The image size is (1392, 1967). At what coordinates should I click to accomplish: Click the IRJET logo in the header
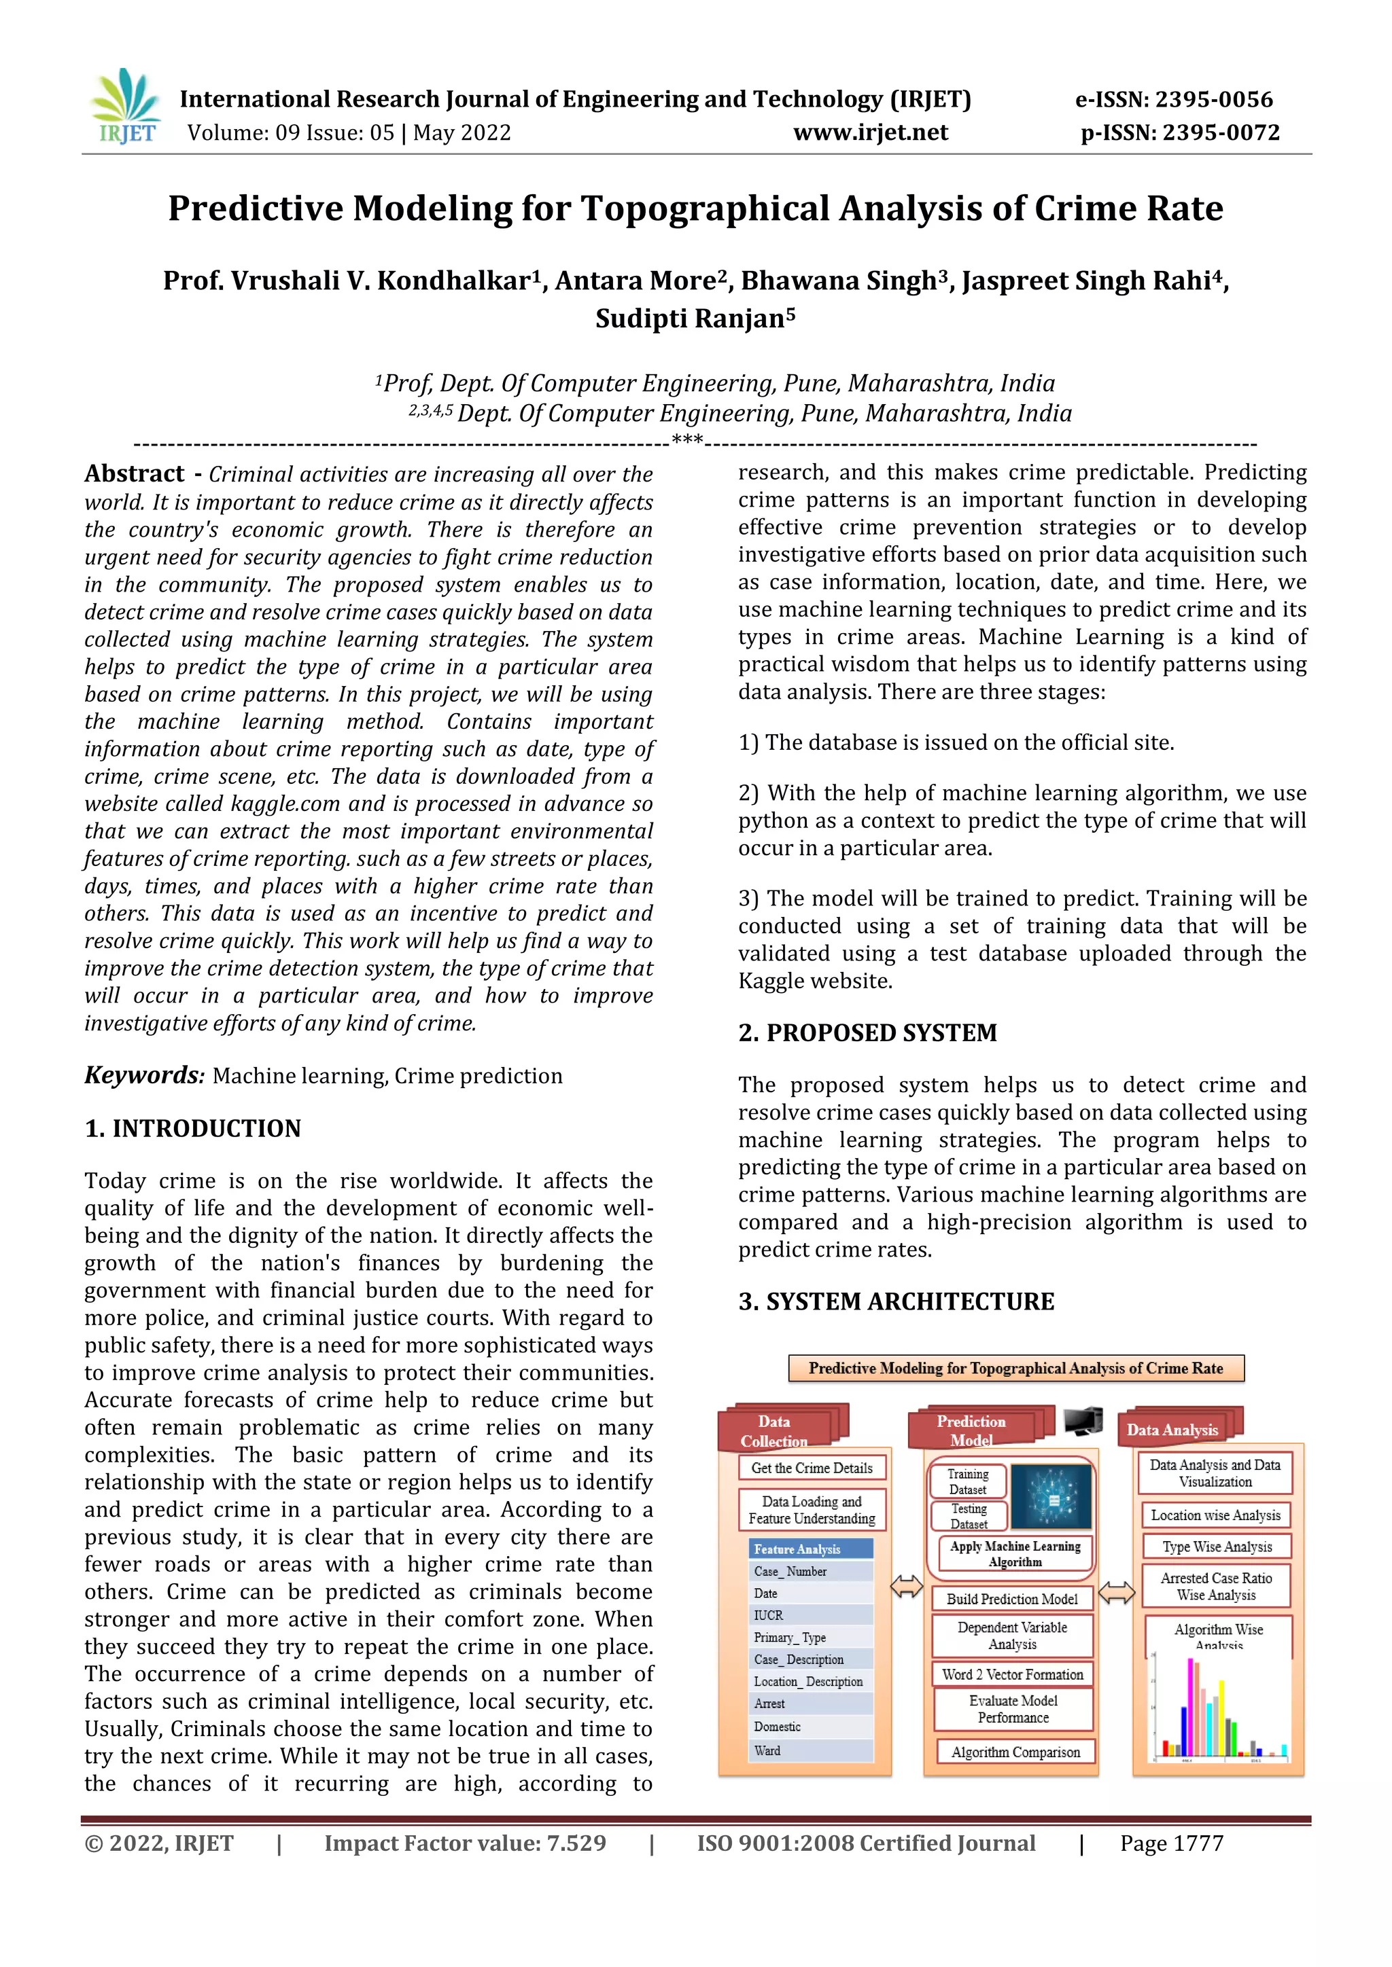[125, 107]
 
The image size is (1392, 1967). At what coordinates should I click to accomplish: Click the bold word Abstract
[135, 474]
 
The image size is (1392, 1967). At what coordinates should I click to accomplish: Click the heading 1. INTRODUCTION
[193, 1128]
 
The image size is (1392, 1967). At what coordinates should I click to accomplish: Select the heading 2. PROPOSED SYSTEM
[867, 1032]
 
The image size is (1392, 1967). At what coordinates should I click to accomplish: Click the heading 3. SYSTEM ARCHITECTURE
[896, 1301]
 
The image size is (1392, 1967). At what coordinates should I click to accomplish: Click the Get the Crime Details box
[812, 1468]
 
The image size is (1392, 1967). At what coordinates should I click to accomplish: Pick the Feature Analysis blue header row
[811, 1549]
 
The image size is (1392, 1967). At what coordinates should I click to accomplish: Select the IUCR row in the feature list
[811, 1615]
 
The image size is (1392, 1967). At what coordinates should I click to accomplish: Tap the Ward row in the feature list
[811, 1750]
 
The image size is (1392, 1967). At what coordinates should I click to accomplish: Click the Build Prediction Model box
[1011, 1599]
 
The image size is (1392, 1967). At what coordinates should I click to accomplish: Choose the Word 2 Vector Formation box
[1012, 1674]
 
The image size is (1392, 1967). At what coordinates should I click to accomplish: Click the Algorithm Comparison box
[1015, 1752]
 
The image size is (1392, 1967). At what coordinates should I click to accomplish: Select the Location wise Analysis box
[1215, 1515]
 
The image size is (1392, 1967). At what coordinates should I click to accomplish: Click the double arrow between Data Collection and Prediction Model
[906, 1587]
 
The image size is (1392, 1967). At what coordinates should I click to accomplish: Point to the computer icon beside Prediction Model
[1083, 1422]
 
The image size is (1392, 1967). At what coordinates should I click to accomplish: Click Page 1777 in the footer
[1171, 1843]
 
